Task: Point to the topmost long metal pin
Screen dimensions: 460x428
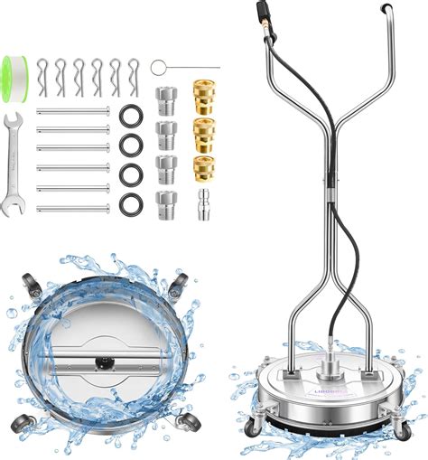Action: (x=74, y=112)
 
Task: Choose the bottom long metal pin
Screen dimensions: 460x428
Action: (x=74, y=209)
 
